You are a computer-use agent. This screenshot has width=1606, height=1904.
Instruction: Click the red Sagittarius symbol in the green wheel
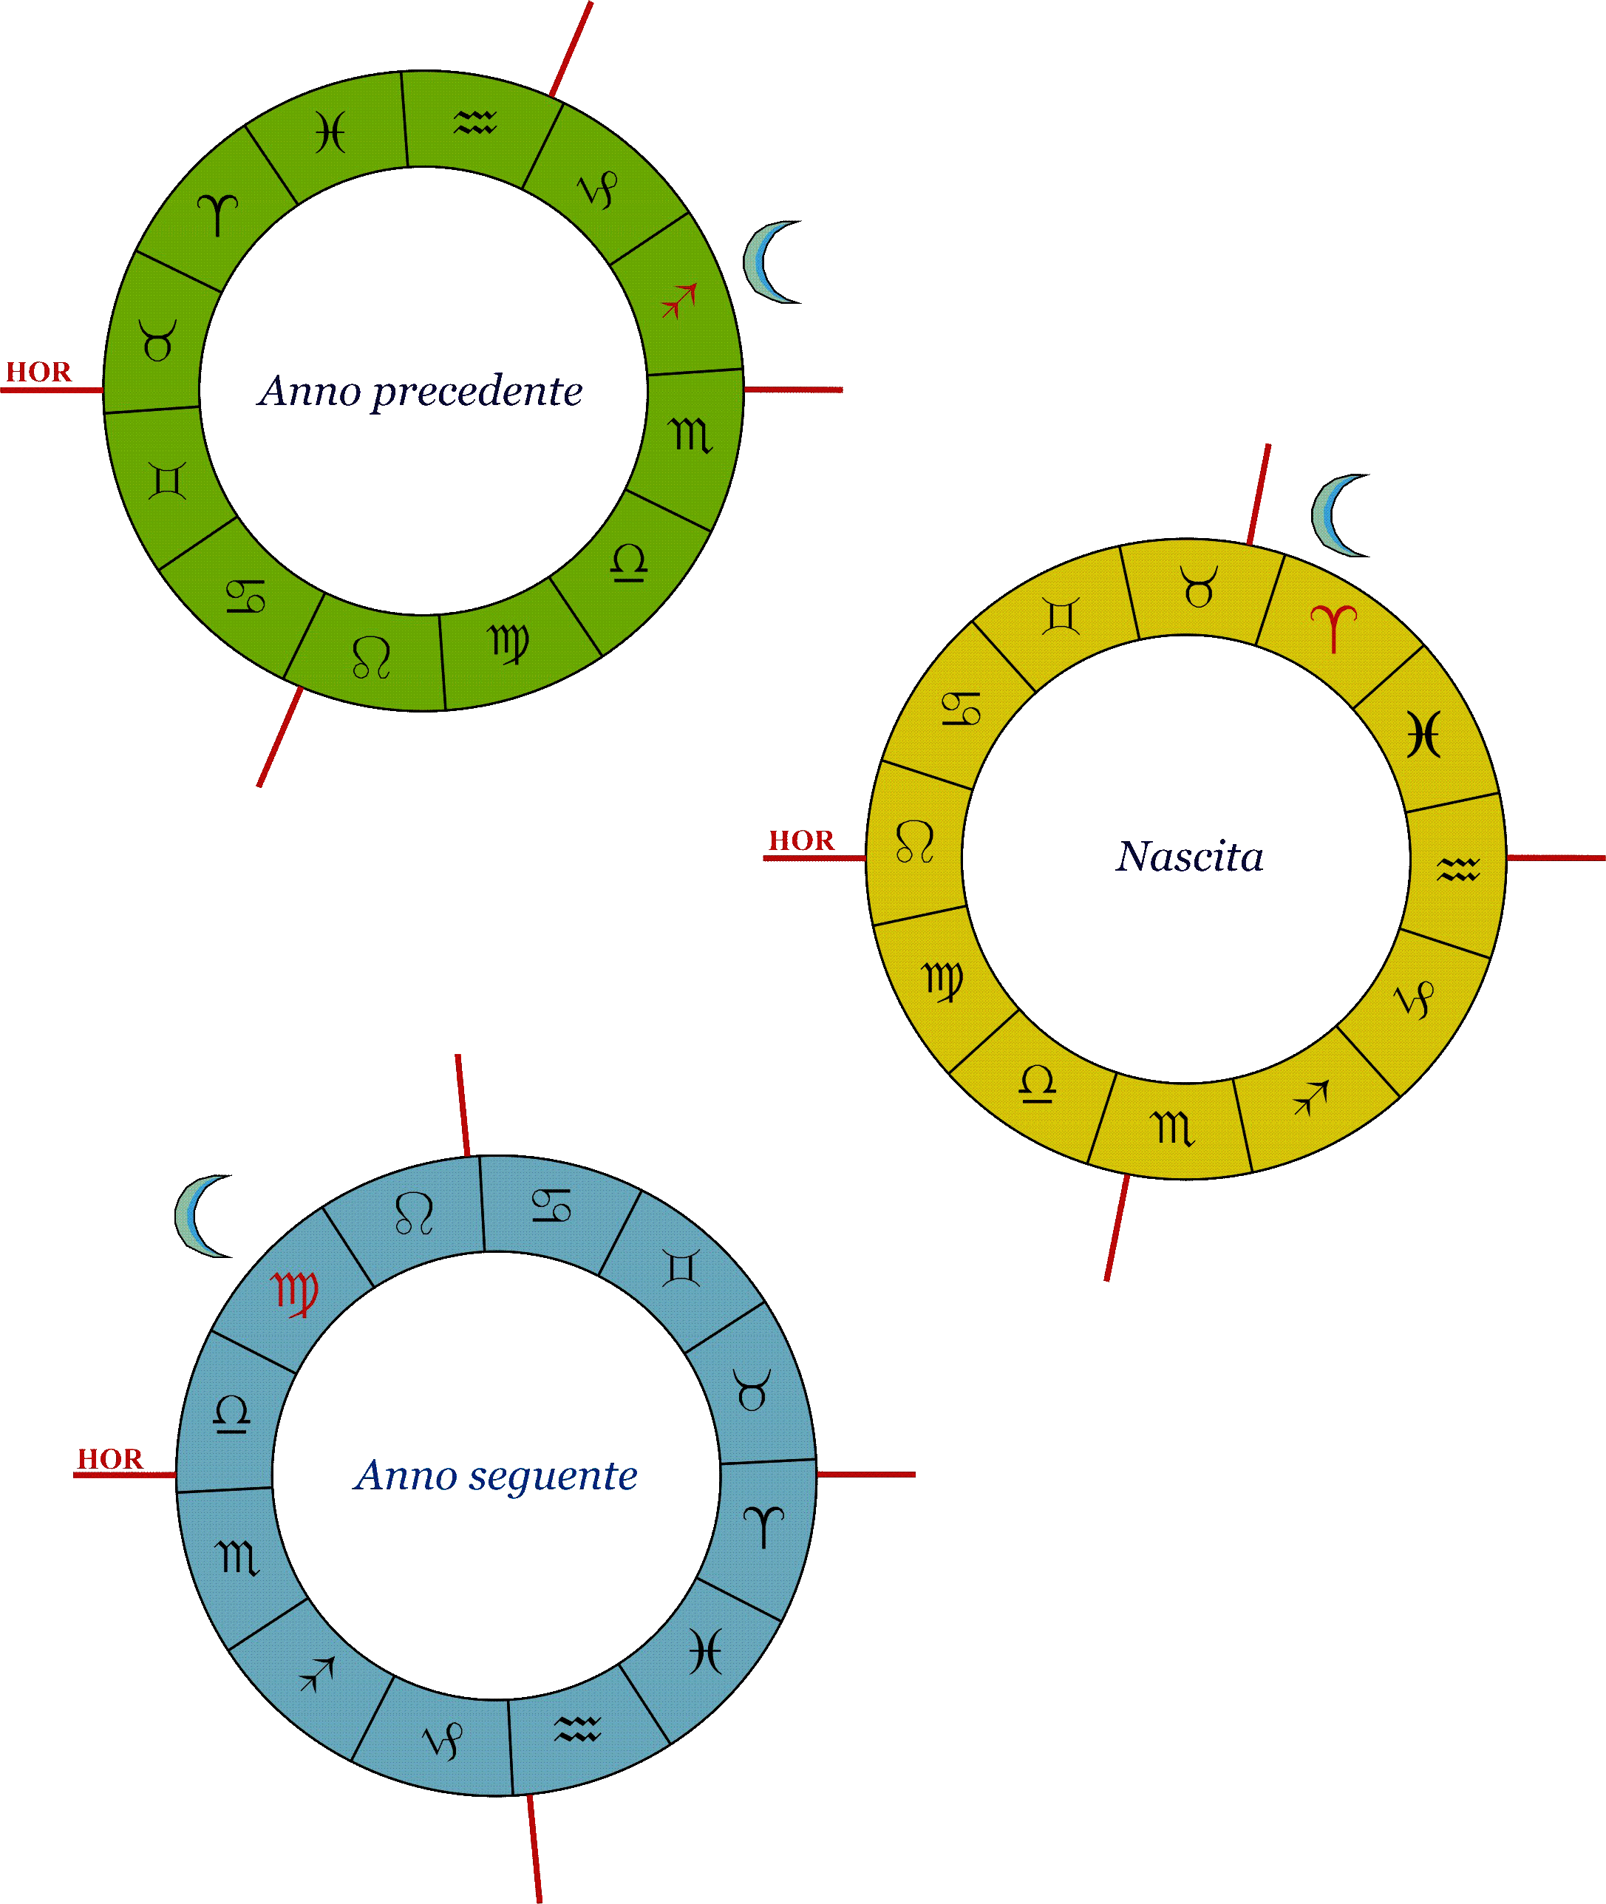click(680, 301)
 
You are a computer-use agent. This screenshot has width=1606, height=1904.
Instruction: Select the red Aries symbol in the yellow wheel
click(1334, 628)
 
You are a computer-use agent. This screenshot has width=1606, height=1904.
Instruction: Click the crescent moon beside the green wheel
click(769, 262)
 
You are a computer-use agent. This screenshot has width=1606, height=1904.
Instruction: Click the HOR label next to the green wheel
click(38, 372)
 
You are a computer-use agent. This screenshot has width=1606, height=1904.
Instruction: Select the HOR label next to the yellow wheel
click(801, 840)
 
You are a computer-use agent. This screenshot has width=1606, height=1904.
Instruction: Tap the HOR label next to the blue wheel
click(110, 1459)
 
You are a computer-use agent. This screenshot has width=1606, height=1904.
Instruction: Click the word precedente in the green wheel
click(477, 392)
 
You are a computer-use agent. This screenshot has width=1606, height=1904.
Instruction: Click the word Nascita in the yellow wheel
click(1190, 856)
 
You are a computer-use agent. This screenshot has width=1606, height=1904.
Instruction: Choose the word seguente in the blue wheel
click(553, 1476)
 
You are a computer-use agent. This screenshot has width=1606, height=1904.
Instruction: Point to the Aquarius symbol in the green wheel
click(475, 122)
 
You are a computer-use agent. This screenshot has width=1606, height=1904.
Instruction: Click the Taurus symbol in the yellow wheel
click(1199, 586)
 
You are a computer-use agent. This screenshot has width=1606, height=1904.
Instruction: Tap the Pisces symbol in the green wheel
click(330, 133)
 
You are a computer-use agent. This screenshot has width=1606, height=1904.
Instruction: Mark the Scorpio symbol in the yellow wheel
click(1174, 1127)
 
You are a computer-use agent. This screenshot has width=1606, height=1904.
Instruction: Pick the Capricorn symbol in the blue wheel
click(443, 1740)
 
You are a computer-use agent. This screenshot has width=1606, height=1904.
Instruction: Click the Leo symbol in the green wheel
click(372, 657)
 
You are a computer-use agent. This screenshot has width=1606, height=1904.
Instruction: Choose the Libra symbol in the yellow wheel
click(1038, 1083)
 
